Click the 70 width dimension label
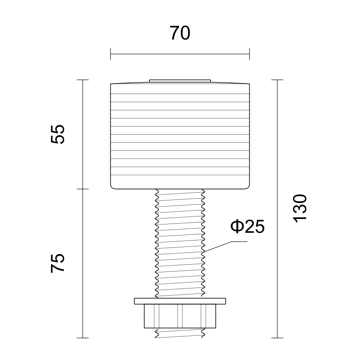[x=180, y=33]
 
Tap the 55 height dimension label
[x=58, y=134]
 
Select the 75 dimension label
[x=58, y=263]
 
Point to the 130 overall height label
[x=300, y=208]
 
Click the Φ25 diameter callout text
[x=247, y=227]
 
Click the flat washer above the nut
[x=180, y=301]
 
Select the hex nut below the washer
[x=180, y=316]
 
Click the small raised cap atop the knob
[x=180, y=81]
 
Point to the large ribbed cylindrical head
[x=180, y=136]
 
